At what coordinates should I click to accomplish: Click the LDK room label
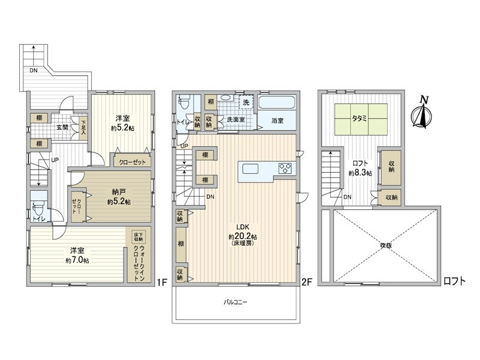242,227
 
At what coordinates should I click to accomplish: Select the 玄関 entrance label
62,127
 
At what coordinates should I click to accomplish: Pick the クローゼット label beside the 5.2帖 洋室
131,162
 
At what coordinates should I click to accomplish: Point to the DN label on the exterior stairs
32,70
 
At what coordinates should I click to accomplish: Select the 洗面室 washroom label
235,120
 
